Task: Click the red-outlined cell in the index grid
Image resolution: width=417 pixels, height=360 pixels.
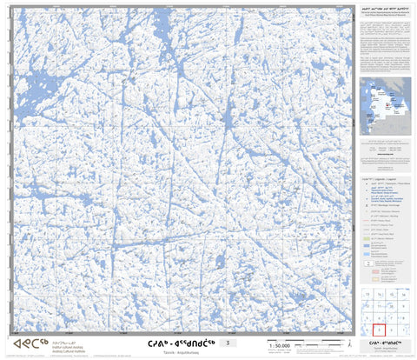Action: point(378,330)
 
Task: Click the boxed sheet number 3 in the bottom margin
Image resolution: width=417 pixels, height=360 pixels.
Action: point(228,343)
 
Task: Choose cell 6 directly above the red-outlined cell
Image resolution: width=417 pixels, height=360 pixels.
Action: point(378,317)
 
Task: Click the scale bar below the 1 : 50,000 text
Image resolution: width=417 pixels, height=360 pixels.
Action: point(280,352)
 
